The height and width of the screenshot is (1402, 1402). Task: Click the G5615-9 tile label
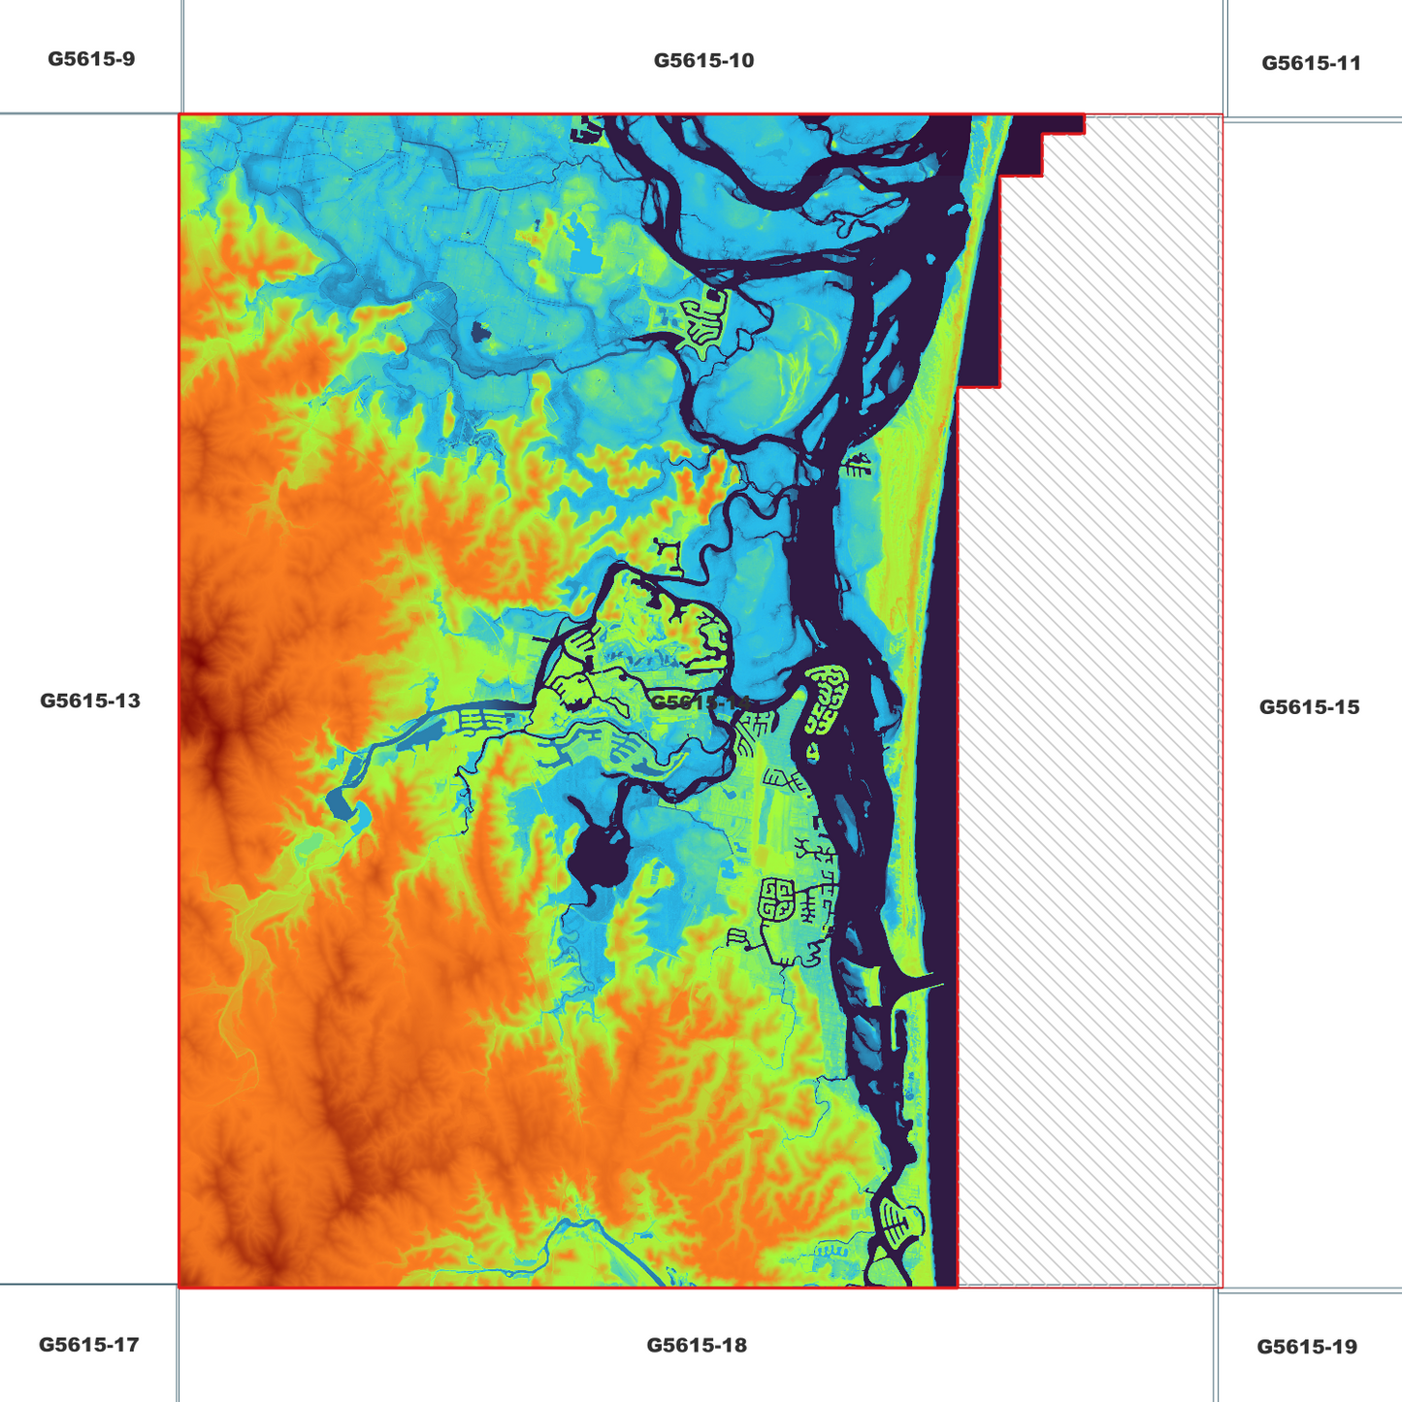pos(91,59)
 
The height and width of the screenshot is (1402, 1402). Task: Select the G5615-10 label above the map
pos(703,60)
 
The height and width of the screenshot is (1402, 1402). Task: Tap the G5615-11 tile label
pos(1311,63)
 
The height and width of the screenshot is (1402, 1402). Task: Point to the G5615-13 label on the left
pos(90,701)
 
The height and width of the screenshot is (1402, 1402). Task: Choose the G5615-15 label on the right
pos(1309,707)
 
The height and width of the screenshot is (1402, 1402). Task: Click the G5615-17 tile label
pos(88,1345)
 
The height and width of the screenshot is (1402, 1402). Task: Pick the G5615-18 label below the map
pos(697,1345)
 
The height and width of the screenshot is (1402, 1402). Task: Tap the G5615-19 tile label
pos(1307,1347)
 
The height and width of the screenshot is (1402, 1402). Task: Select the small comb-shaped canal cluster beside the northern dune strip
pos(857,467)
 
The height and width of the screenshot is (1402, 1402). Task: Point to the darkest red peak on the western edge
pos(199,660)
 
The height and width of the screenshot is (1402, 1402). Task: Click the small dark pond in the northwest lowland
pos(478,333)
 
